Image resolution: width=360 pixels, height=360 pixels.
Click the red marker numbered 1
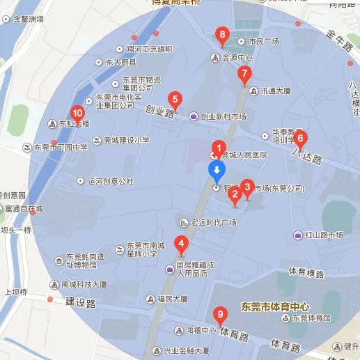tap(219, 148)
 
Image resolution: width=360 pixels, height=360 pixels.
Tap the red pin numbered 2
tap(235, 195)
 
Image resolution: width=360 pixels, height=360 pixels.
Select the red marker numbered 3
tap(246, 187)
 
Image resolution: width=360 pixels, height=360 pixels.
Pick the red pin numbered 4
tap(181, 244)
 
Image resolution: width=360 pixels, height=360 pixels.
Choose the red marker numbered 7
tap(244, 74)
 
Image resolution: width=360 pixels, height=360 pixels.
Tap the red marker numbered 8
tap(222, 35)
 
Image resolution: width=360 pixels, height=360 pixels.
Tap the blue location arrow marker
tap(217, 171)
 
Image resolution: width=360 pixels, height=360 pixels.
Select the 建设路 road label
tap(79, 302)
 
